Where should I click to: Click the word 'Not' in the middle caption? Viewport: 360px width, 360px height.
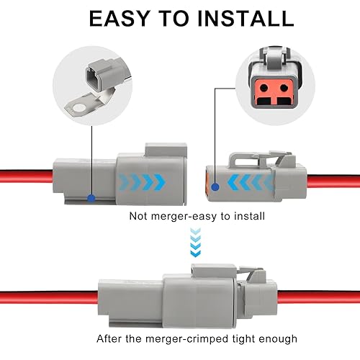(138, 215)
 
